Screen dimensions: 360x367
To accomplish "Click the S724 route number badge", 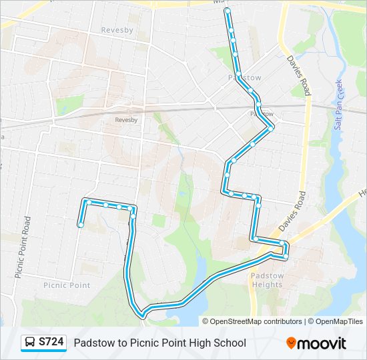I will (51, 343).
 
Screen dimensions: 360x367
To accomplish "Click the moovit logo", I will (316, 343).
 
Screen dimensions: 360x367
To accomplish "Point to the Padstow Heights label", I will (267, 280).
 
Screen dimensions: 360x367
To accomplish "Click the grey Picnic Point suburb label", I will (67, 285).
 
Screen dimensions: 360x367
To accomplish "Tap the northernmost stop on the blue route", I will (228, 11).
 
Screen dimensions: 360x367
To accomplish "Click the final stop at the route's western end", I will (81, 225).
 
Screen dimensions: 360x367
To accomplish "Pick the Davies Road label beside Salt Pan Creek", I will (298, 76).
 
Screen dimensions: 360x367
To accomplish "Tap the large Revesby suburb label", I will (117, 30).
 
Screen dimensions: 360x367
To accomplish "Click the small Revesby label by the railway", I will (126, 120).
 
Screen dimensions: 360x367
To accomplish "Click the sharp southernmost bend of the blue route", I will (142, 313).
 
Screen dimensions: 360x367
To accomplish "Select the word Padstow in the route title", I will (93, 343).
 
